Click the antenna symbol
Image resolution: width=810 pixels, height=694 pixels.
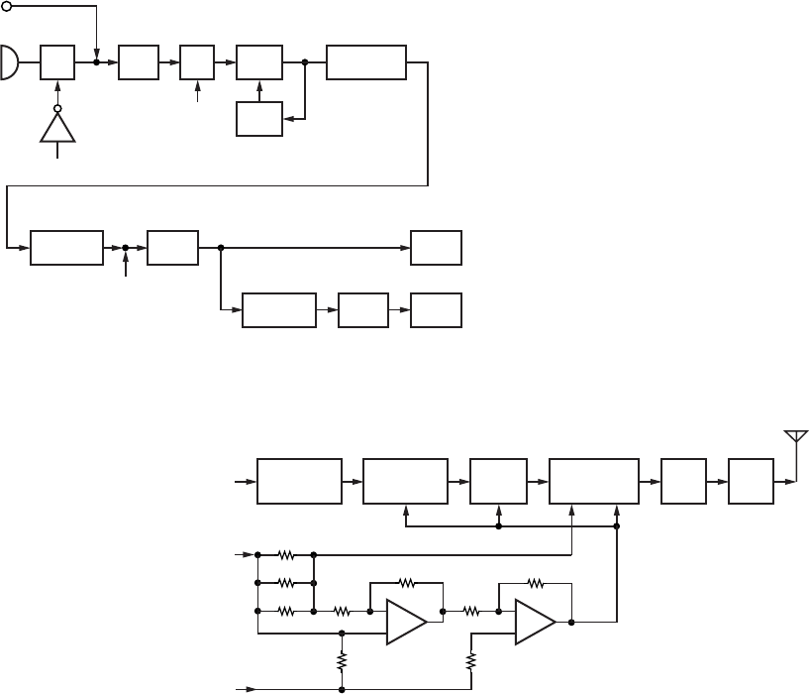[795, 438]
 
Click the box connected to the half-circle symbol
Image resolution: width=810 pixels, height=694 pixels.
[57, 61]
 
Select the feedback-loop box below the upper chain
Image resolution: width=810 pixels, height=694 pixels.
[259, 120]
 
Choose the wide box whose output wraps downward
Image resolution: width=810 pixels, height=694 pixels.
[365, 61]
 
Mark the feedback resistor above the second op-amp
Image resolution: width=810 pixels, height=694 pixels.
[536, 582]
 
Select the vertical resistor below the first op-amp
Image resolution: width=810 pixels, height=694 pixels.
[342, 658]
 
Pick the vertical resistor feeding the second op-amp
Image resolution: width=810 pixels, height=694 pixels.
[471, 658]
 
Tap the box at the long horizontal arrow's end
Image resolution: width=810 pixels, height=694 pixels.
[436, 247]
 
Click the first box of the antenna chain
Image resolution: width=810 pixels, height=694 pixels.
[299, 481]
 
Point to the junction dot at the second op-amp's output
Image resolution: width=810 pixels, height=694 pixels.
[573, 623]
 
